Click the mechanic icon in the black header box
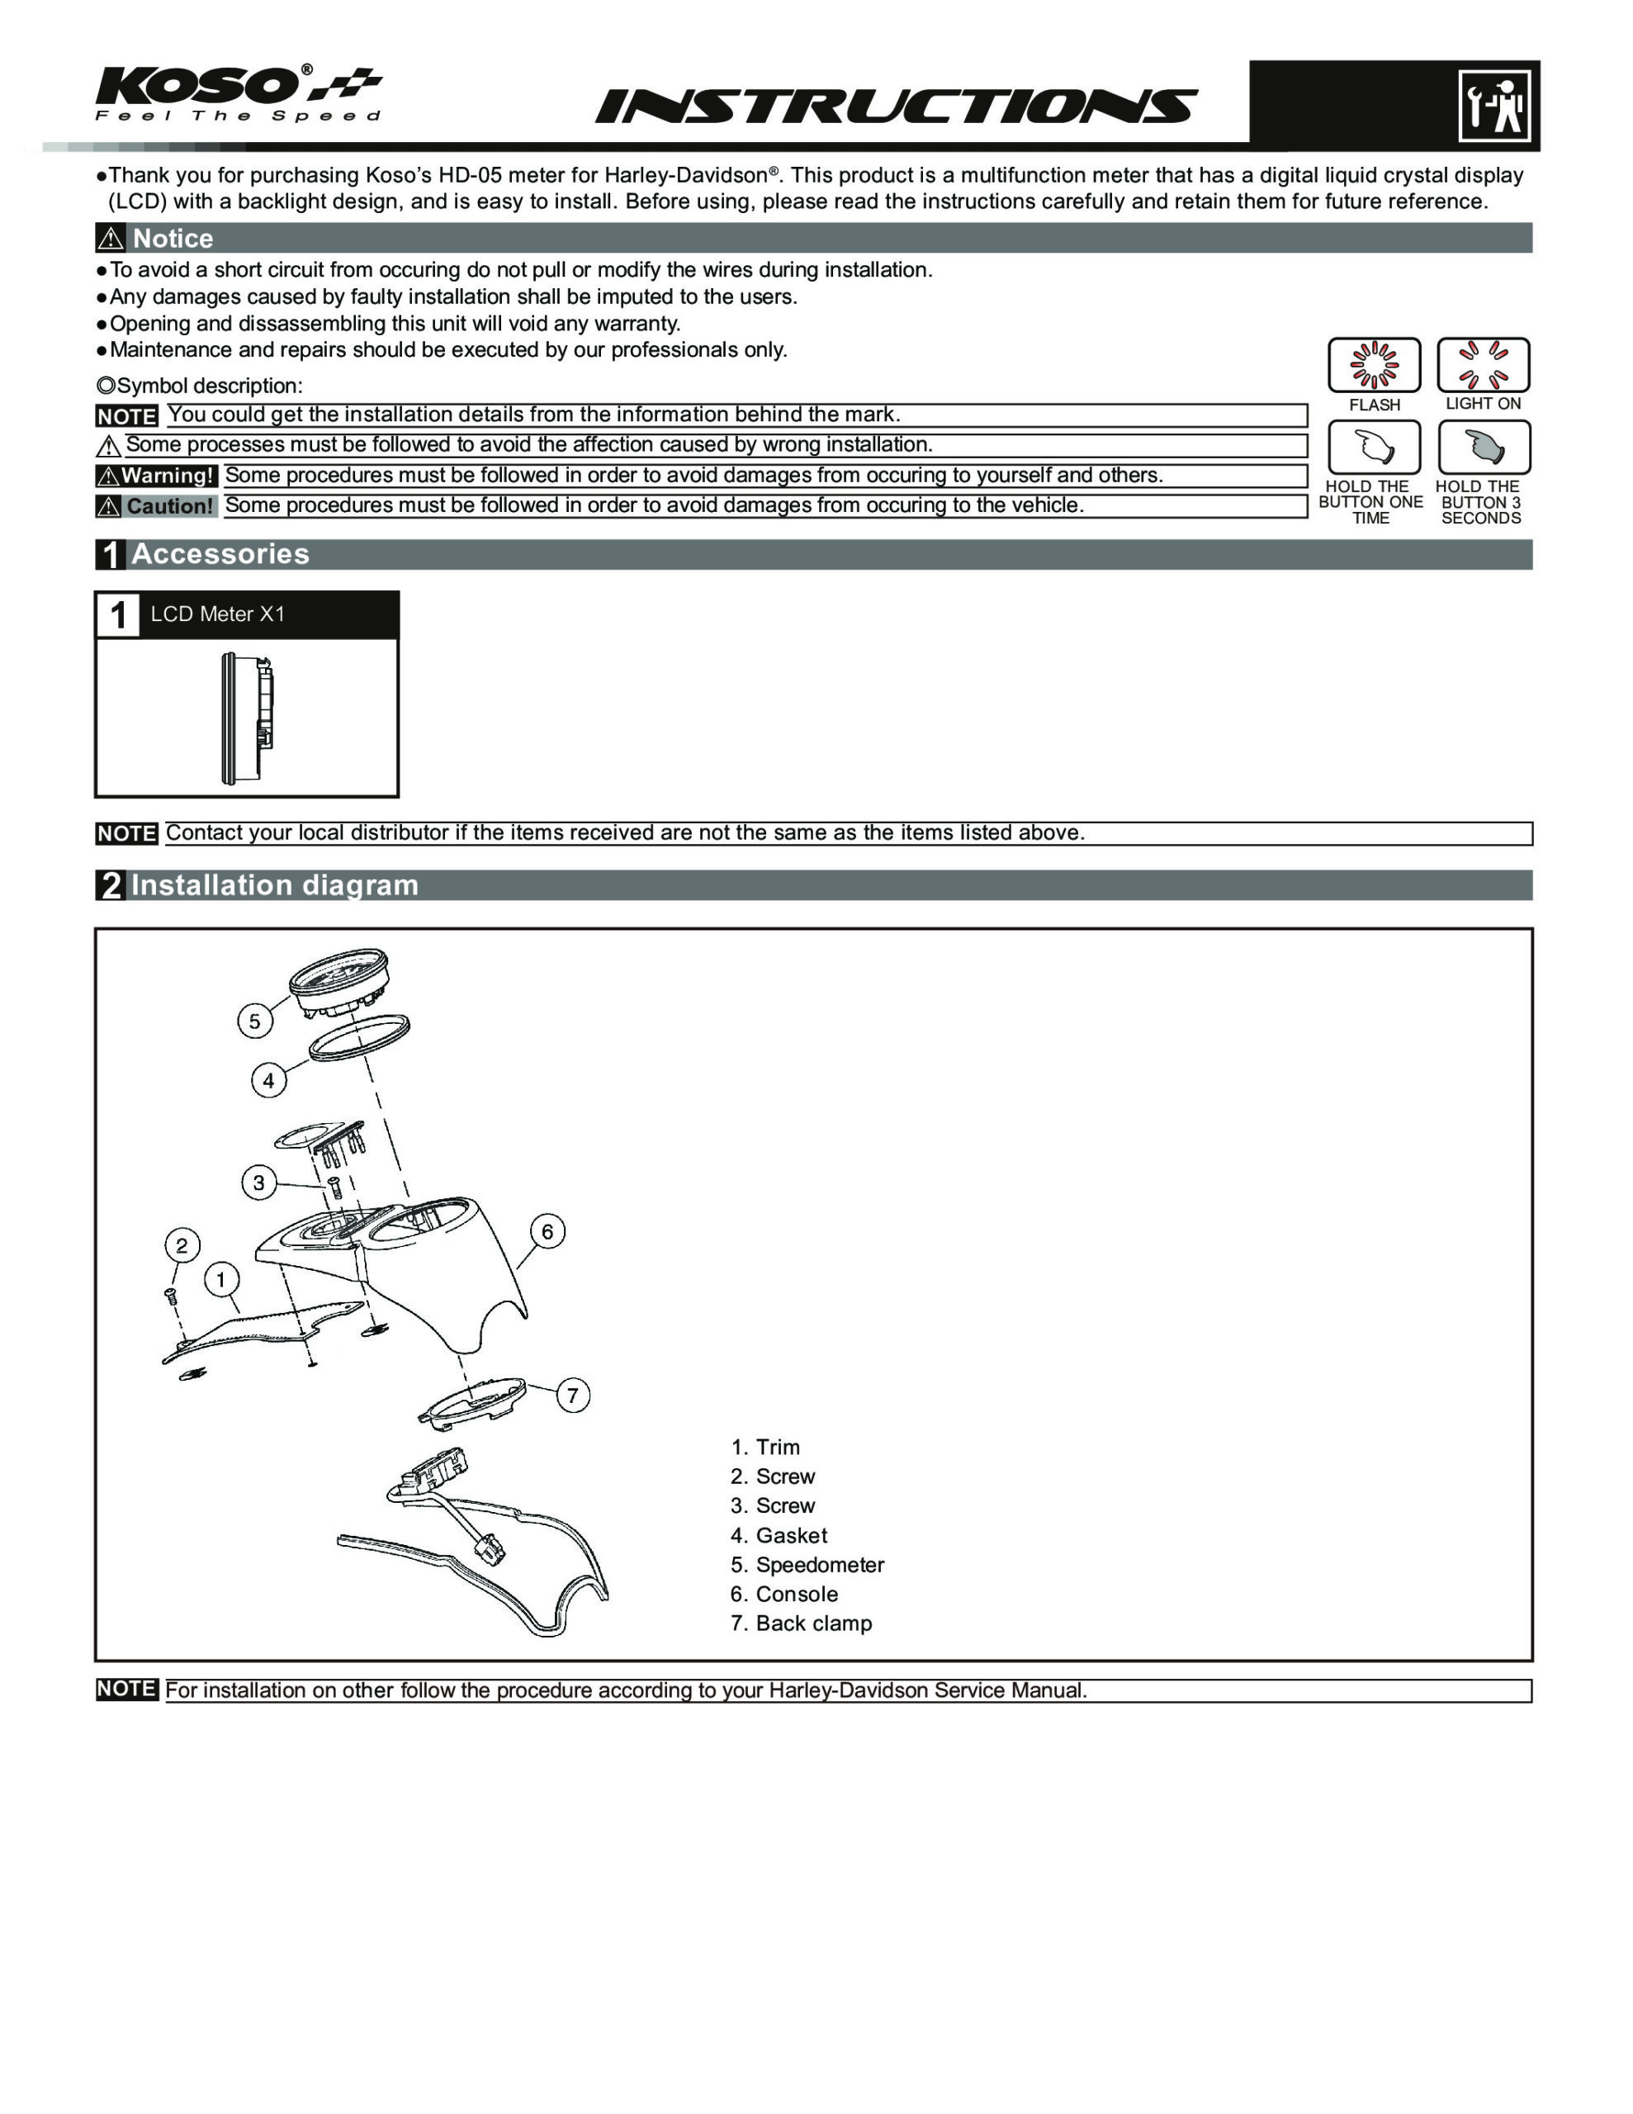pos(1493,105)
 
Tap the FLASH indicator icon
pos(1374,365)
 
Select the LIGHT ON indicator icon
pos(1483,364)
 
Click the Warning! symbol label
pos(156,476)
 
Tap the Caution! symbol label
pos(156,506)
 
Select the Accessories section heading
pos(220,553)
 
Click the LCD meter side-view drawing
pos(247,716)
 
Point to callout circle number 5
pos(254,1020)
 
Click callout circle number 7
pos(573,1395)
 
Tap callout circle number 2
pos(182,1244)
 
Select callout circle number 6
pos(548,1231)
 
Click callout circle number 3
pos(258,1182)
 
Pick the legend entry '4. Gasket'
pos(779,1535)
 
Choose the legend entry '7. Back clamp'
pos(801,1623)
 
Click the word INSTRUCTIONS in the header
pos(896,106)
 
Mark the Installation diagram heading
pos(274,884)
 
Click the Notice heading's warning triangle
pos(111,238)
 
